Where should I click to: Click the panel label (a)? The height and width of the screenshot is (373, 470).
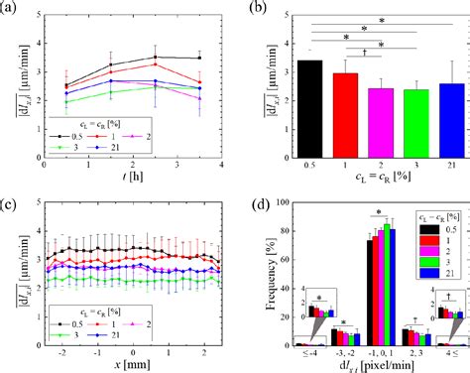point(11,8)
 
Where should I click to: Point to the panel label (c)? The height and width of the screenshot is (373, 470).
point(11,193)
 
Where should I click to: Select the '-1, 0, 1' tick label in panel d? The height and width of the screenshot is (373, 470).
point(381,354)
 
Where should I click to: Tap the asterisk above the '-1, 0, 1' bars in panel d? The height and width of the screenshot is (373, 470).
point(381,211)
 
